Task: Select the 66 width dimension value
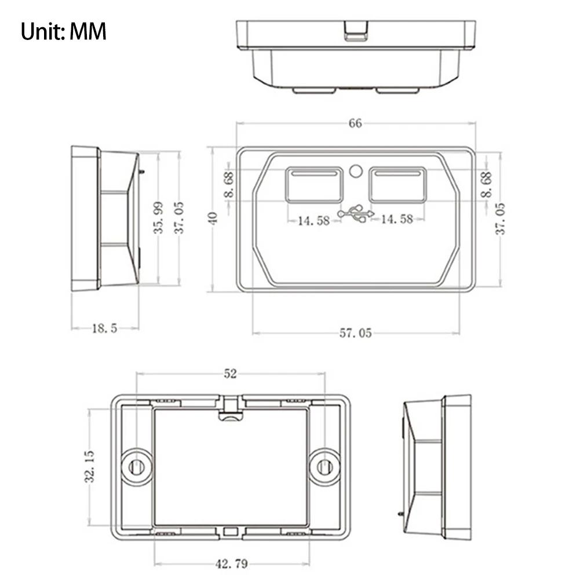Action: click(355, 123)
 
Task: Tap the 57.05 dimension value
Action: click(355, 333)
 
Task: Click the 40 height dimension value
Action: click(213, 218)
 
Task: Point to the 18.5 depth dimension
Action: click(105, 329)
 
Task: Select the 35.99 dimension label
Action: click(158, 217)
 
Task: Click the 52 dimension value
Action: click(231, 374)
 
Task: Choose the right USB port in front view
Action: click(397, 185)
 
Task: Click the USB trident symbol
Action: click(356, 214)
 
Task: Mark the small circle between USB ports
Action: click(356, 171)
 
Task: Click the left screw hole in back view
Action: click(137, 466)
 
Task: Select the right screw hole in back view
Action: click(324, 466)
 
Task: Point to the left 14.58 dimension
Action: click(314, 220)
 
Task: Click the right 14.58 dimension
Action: click(397, 219)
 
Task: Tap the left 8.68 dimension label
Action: click(229, 184)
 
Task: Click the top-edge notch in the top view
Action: click(355, 31)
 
